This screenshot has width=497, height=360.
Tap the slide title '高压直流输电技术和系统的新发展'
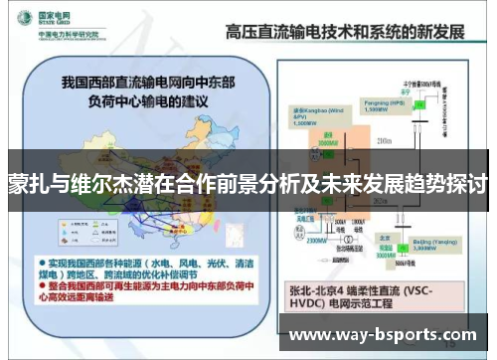coord(346,32)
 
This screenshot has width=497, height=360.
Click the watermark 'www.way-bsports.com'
coord(389,334)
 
